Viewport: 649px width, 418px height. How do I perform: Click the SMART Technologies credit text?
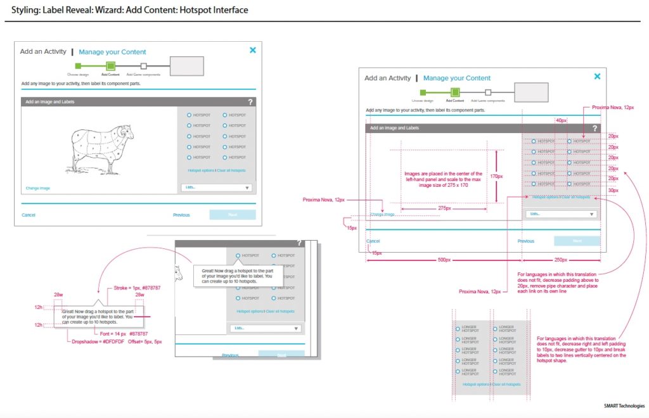point(624,405)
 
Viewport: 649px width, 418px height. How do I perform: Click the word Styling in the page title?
point(24,10)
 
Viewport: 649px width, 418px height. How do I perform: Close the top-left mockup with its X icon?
point(252,50)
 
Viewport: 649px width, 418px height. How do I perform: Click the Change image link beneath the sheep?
point(38,188)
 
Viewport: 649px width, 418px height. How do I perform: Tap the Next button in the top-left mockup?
point(233,215)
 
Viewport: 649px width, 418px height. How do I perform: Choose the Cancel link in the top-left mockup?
point(29,215)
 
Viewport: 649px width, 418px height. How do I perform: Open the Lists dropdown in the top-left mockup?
point(217,187)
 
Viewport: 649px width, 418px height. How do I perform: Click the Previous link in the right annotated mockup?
point(526,241)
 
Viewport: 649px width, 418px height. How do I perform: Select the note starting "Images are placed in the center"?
point(443,180)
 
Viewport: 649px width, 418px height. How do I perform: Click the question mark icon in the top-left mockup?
point(250,101)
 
